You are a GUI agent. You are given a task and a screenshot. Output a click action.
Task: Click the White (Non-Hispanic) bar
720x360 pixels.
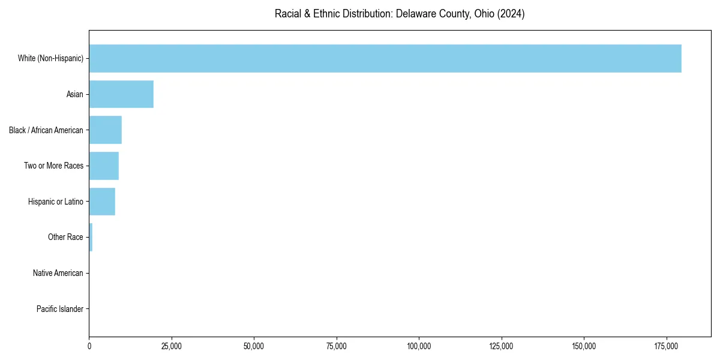point(385,58)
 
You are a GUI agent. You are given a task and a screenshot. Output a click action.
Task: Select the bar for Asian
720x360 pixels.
point(121,94)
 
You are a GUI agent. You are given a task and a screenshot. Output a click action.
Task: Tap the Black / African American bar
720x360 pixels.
point(106,130)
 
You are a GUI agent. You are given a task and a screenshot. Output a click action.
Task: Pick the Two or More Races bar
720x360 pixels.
point(104,166)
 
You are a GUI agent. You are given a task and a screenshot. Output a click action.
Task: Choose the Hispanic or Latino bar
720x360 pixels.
point(102,202)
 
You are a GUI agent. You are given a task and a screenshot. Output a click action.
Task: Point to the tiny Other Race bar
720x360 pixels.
point(91,238)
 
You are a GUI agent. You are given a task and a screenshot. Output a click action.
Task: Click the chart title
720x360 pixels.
point(400,14)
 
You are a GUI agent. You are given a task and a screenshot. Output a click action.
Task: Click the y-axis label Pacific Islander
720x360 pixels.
point(59,310)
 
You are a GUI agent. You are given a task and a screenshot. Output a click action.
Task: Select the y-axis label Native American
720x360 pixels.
point(58,274)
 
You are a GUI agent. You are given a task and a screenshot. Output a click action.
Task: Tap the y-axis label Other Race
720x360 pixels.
point(65,238)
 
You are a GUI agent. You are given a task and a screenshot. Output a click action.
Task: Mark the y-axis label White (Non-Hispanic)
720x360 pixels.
point(50,58)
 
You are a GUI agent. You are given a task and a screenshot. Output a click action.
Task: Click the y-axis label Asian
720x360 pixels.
point(74,94)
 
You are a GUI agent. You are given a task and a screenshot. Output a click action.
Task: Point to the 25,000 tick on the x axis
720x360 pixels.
point(172,346)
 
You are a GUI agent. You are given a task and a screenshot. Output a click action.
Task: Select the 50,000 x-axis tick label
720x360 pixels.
point(254,346)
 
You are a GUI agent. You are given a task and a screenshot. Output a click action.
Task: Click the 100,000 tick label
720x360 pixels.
point(419,346)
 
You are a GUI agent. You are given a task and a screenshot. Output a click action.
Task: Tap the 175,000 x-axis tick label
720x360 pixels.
point(666,346)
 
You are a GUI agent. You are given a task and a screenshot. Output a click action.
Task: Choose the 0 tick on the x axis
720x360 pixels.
point(89,346)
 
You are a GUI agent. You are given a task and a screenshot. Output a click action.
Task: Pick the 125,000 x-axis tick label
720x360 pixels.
point(501,346)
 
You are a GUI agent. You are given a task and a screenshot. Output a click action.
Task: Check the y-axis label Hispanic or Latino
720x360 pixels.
point(56,202)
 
